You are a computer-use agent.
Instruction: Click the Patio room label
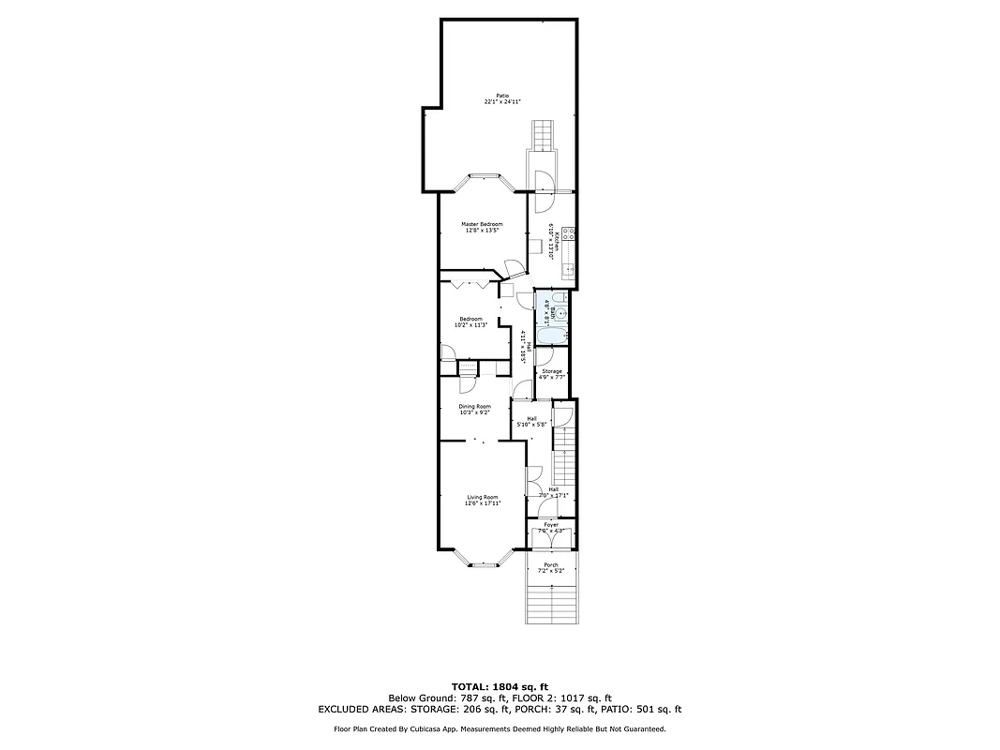click(x=502, y=96)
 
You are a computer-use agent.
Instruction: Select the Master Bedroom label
click(x=482, y=224)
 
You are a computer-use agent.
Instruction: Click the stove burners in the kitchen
click(x=569, y=234)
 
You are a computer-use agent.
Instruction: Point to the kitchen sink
click(x=568, y=270)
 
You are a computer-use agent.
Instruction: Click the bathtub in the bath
click(x=550, y=336)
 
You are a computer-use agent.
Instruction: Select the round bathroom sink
click(x=561, y=315)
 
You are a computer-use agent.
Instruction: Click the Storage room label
click(x=552, y=371)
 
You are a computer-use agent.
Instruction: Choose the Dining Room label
click(x=475, y=406)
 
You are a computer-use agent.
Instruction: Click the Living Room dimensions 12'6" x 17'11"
click(x=483, y=503)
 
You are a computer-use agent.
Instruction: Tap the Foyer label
click(x=551, y=525)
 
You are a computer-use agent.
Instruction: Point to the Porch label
click(x=551, y=564)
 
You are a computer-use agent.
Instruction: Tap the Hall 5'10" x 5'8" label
click(x=531, y=422)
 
